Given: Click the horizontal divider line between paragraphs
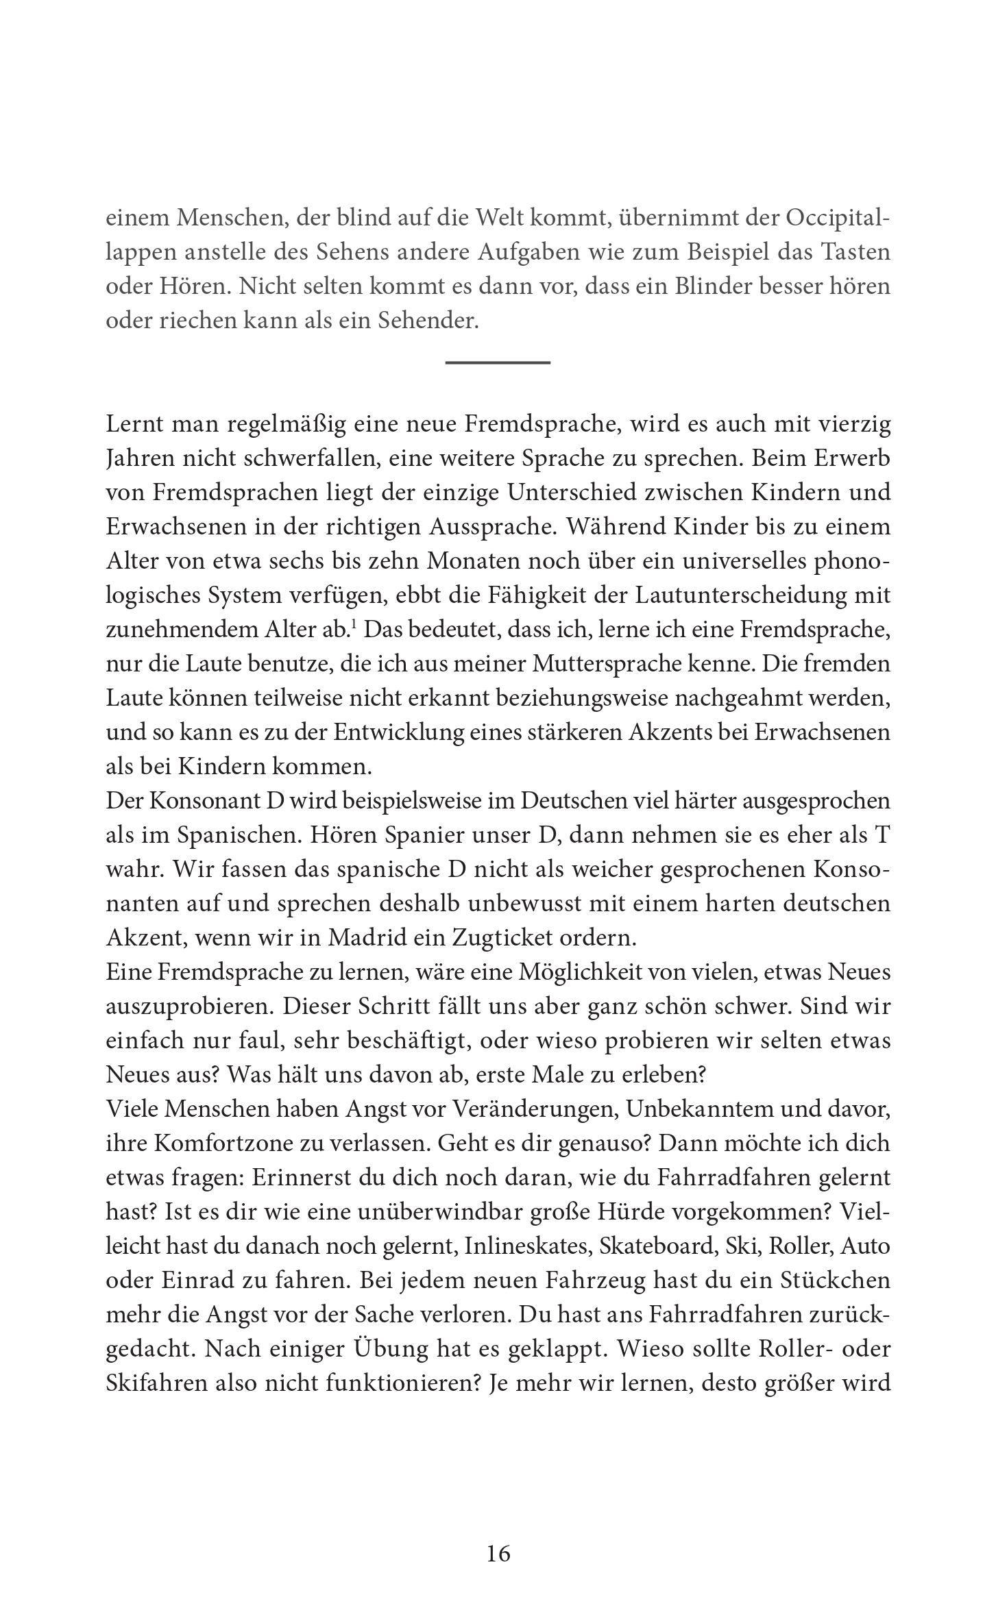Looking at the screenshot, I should coord(498,362).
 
